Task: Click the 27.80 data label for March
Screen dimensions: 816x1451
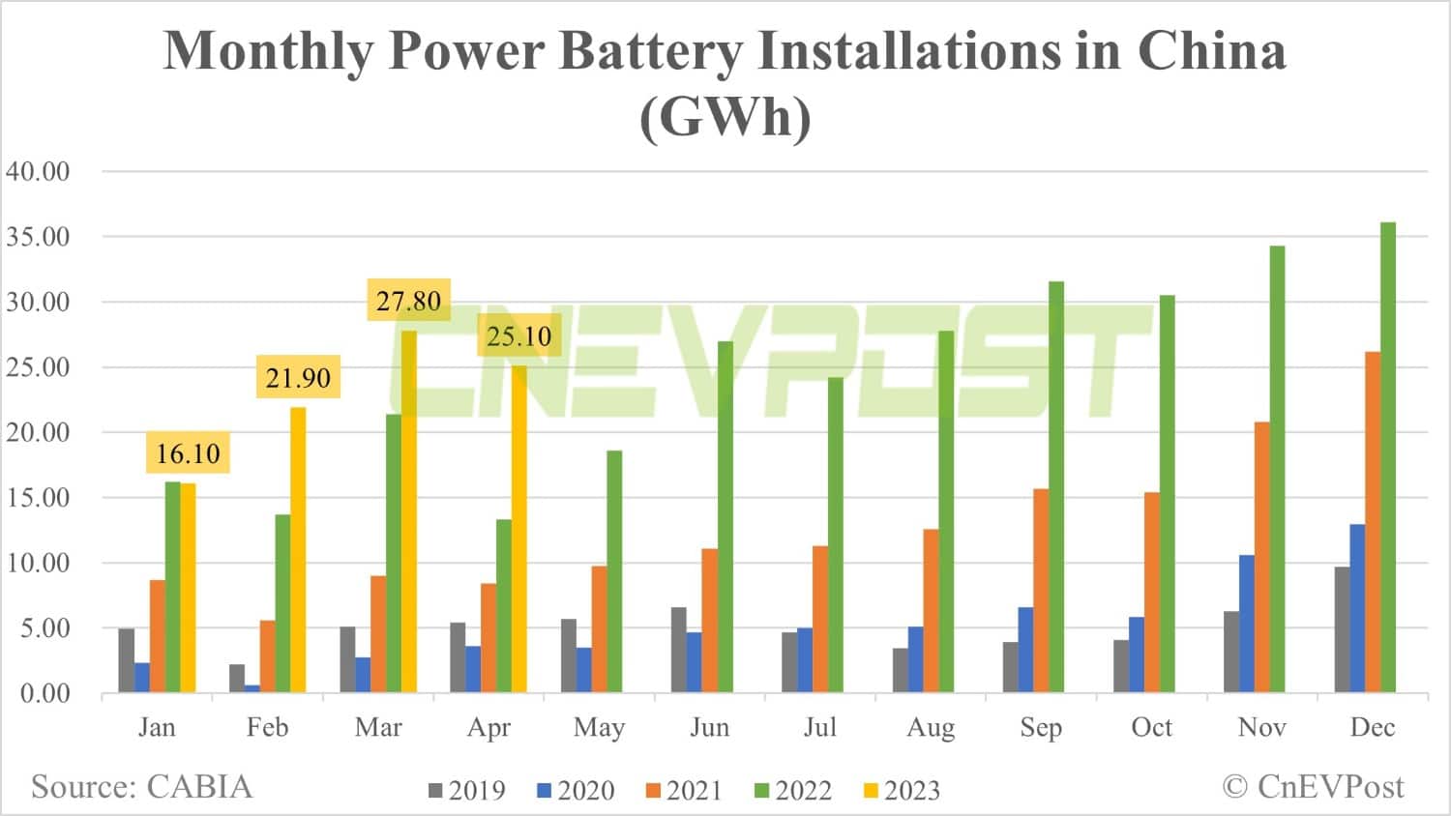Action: (x=408, y=301)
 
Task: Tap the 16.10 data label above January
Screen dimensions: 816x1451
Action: (x=188, y=452)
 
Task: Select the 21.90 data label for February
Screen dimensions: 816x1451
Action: (x=298, y=377)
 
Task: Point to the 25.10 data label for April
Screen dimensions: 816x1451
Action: (x=518, y=336)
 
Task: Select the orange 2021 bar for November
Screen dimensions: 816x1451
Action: (x=1262, y=557)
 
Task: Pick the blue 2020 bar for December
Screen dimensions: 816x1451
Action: (x=1357, y=608)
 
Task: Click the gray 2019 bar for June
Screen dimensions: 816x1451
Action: (x=679, y=650)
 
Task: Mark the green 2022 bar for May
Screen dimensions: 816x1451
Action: (x=614, y=570)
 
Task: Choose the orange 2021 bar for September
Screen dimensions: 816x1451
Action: (x=1041, y=590)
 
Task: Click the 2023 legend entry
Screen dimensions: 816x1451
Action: (x=901, y=791)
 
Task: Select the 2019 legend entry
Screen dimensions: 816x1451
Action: (x=467, y=791)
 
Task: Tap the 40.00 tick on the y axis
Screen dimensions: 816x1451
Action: (x=39, y=171)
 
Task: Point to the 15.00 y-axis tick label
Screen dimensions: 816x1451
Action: (x=39, y=498)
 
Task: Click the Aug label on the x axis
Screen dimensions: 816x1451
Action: (x=931, y=727)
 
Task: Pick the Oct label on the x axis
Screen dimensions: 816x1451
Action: (x=1151, y=727)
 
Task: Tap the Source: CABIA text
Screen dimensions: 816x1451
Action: (x=141, y=787)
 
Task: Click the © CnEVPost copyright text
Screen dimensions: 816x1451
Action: (x=1313, y=787)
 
